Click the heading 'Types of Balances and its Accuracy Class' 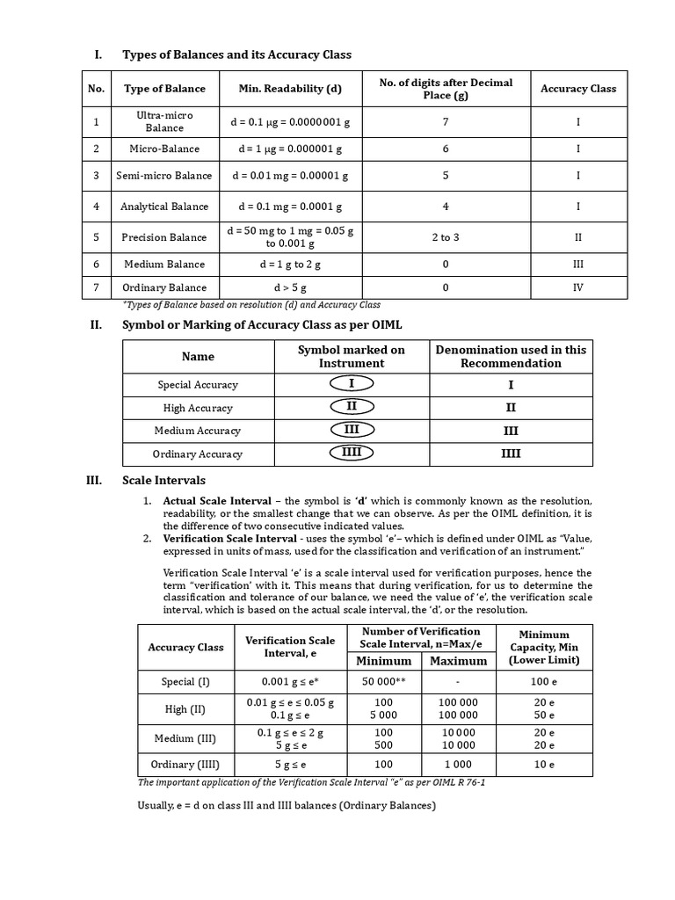click(236, 54)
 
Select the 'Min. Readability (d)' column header click(290, 89)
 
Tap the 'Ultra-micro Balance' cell click(164, 121)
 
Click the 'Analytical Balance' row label click(164, 207)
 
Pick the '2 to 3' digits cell click(446, 237)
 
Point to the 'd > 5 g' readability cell click(290, 287)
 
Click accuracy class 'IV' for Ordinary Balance click(577, 287)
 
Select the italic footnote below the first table click(251, 305)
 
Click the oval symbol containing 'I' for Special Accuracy click(352, 384)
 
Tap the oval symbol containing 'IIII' click(352, 453)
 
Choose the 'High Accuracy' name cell click(198, 408)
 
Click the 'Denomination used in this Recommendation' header click(511, 356)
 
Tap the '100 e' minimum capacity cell click(544, 681)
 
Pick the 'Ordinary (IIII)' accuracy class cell click(185, 765)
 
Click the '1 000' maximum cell click(458, 765)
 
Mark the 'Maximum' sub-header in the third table click(458, 661)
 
